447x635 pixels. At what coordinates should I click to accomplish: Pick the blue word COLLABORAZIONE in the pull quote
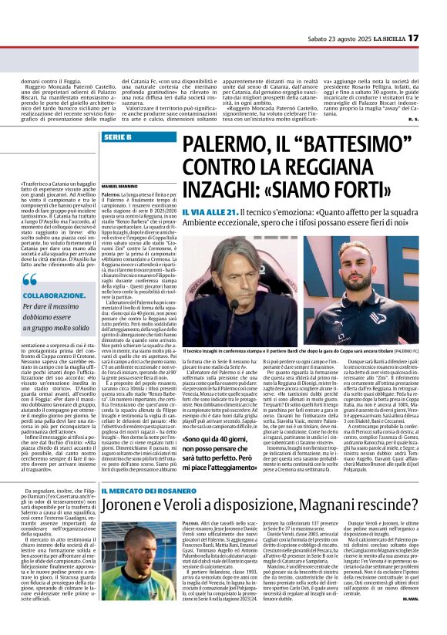point(54,296)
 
